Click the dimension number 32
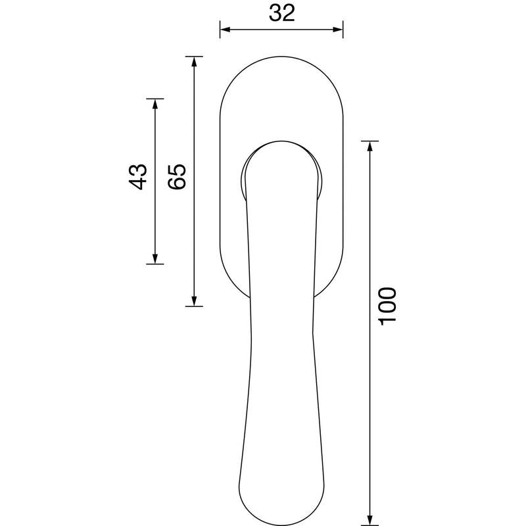coord(282,13)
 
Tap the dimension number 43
coord(137,177)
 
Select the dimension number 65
coord(177,177)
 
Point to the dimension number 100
coord(387,306)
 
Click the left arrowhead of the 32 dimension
coord(225,30)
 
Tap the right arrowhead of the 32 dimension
coord(338,30)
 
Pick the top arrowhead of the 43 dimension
coord(155,104)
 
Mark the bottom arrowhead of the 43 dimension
coord(155,258)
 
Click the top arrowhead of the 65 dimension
coord(194,62)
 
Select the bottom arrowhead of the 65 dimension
coord(194,301)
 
